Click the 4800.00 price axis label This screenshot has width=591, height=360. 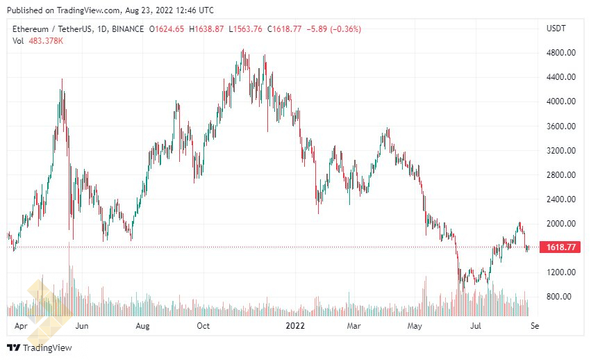[x=561, y=53]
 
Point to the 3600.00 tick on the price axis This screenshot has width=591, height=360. [x=561, y=126]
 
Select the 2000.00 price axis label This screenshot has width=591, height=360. [x=561, y=223]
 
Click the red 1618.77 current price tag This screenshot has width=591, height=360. [x=560, y=247]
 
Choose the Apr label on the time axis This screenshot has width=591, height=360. [x=22, y=325]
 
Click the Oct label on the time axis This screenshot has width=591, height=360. [x=203, y=325]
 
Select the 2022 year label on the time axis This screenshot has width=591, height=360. [x=296, y=325]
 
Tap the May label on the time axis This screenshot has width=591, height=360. [x=415, y=325]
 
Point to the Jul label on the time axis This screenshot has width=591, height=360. [x=476, y=325]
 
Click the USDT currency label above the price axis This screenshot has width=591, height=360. [x=557, y=28]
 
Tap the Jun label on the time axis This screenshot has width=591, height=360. [x=81, y=325]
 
